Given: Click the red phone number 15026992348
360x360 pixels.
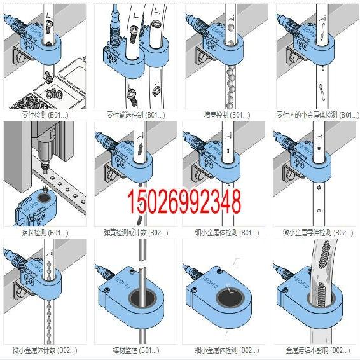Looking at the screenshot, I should coord(185,200).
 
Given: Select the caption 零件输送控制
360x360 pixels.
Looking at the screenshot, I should coord(135,115).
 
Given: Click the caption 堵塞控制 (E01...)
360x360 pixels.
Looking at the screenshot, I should coord(225,115).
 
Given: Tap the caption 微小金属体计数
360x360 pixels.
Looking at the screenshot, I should coord(45,349).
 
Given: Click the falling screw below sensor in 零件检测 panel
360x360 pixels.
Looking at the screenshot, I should coord(48,76).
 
